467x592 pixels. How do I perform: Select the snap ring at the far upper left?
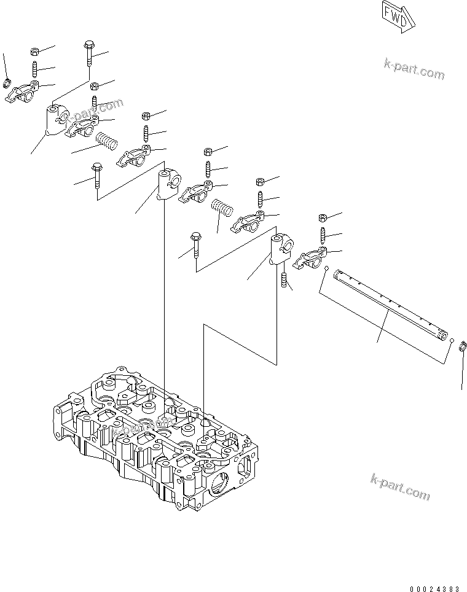click(9, 82)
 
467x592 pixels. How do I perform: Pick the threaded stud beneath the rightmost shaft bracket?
click(285, 281)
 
